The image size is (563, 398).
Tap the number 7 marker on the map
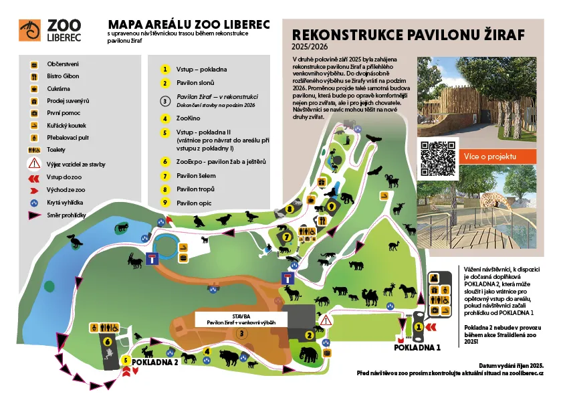[x=286, y=236]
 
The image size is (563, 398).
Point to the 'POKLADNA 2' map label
[x=155, y=362]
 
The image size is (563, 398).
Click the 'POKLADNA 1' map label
[x=417, y=348]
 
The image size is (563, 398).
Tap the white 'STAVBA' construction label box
[x=241, y=318]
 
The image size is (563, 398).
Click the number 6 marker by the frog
[x=108, y=339]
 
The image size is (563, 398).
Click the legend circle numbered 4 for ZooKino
[x=164, y=118]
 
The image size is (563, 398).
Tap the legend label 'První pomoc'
[x=60, y=114]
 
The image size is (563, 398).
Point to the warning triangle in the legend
[x=32, y=164]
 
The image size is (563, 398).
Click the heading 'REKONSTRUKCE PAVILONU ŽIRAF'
[x=409, y=35]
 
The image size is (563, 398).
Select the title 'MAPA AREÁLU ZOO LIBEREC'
[x=189, y=25]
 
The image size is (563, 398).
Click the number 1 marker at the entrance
[x=419, y=326]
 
